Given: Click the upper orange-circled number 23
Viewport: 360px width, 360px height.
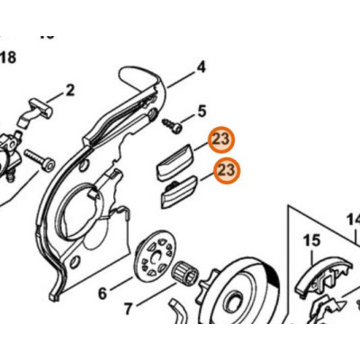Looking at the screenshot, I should (224, 140).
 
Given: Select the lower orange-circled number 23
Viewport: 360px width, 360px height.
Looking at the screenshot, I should (228, 170).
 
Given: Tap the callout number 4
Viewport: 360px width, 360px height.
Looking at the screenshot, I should (201, 67).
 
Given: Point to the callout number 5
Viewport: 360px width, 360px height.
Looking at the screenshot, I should (202, 111).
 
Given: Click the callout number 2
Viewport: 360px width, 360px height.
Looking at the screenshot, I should (69, 92).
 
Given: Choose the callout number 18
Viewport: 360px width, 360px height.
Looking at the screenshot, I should (8, 58).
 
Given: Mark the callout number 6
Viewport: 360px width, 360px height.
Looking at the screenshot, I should (103, 292).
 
